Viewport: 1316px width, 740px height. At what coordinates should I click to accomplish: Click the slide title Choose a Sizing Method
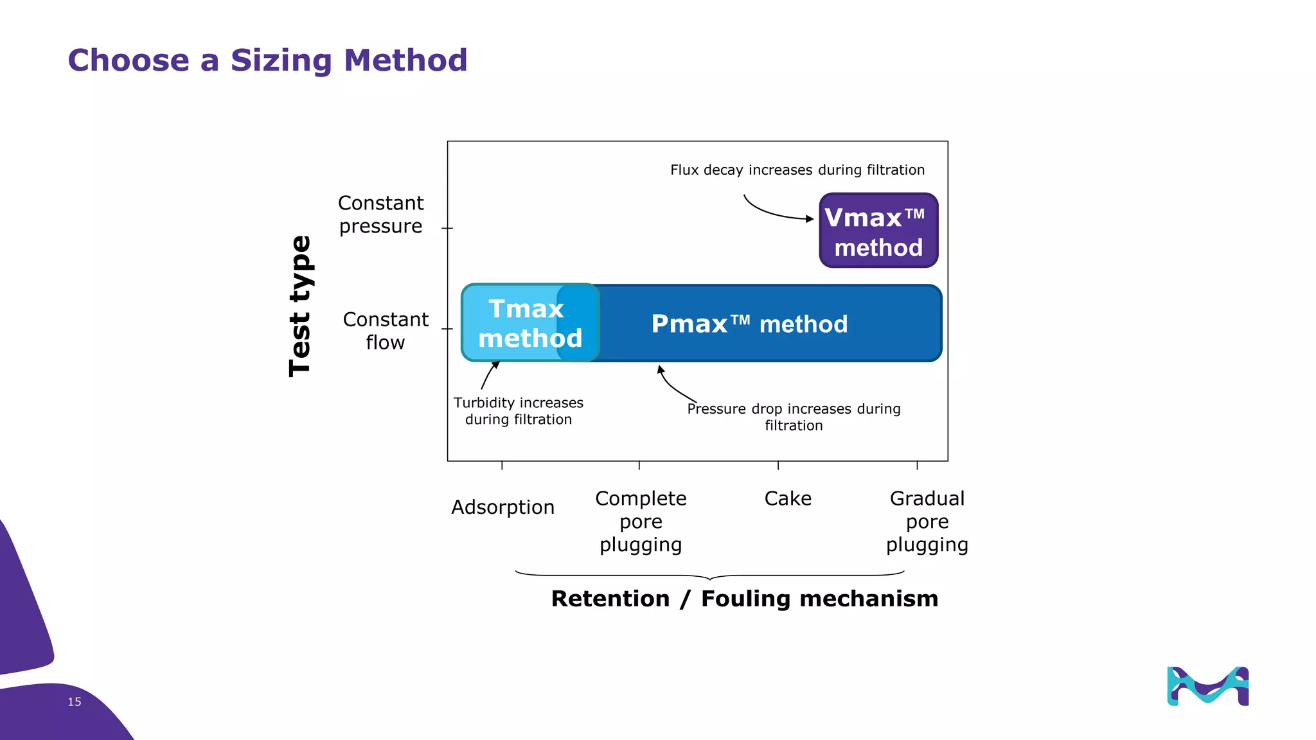267,60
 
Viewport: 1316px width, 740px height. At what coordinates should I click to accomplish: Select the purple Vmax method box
878,231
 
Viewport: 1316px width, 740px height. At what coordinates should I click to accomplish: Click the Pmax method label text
749,324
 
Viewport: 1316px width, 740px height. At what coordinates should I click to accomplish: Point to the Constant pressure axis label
380,215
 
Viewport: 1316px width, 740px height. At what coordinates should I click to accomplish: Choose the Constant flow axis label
385,331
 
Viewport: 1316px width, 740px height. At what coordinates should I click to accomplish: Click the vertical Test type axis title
300,306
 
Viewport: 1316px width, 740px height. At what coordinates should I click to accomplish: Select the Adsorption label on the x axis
502,507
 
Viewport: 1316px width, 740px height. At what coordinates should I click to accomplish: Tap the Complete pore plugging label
641,521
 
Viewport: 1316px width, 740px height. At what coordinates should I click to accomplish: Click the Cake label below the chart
788,498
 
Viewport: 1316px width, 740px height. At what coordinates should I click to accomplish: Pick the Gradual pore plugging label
927,521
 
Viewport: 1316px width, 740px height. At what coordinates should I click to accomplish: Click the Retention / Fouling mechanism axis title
744,599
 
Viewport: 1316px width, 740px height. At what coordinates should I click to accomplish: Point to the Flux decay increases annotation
797,170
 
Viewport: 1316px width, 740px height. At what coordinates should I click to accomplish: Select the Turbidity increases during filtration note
518,411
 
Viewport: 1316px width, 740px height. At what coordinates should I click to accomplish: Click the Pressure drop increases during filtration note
794,417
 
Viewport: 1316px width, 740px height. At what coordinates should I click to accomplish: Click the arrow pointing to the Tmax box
490,374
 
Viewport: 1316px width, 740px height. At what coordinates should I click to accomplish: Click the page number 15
75,702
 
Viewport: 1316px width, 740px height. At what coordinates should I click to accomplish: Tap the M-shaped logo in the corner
1207,686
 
